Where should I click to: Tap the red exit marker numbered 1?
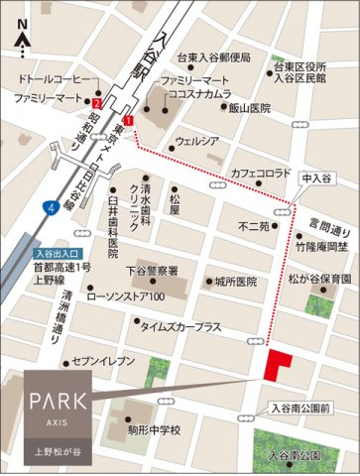tap(127, 120)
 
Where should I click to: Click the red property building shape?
tap(279, 364)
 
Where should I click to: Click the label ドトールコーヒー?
tap(58, 77)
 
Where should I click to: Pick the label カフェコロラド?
tap(260, 174)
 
